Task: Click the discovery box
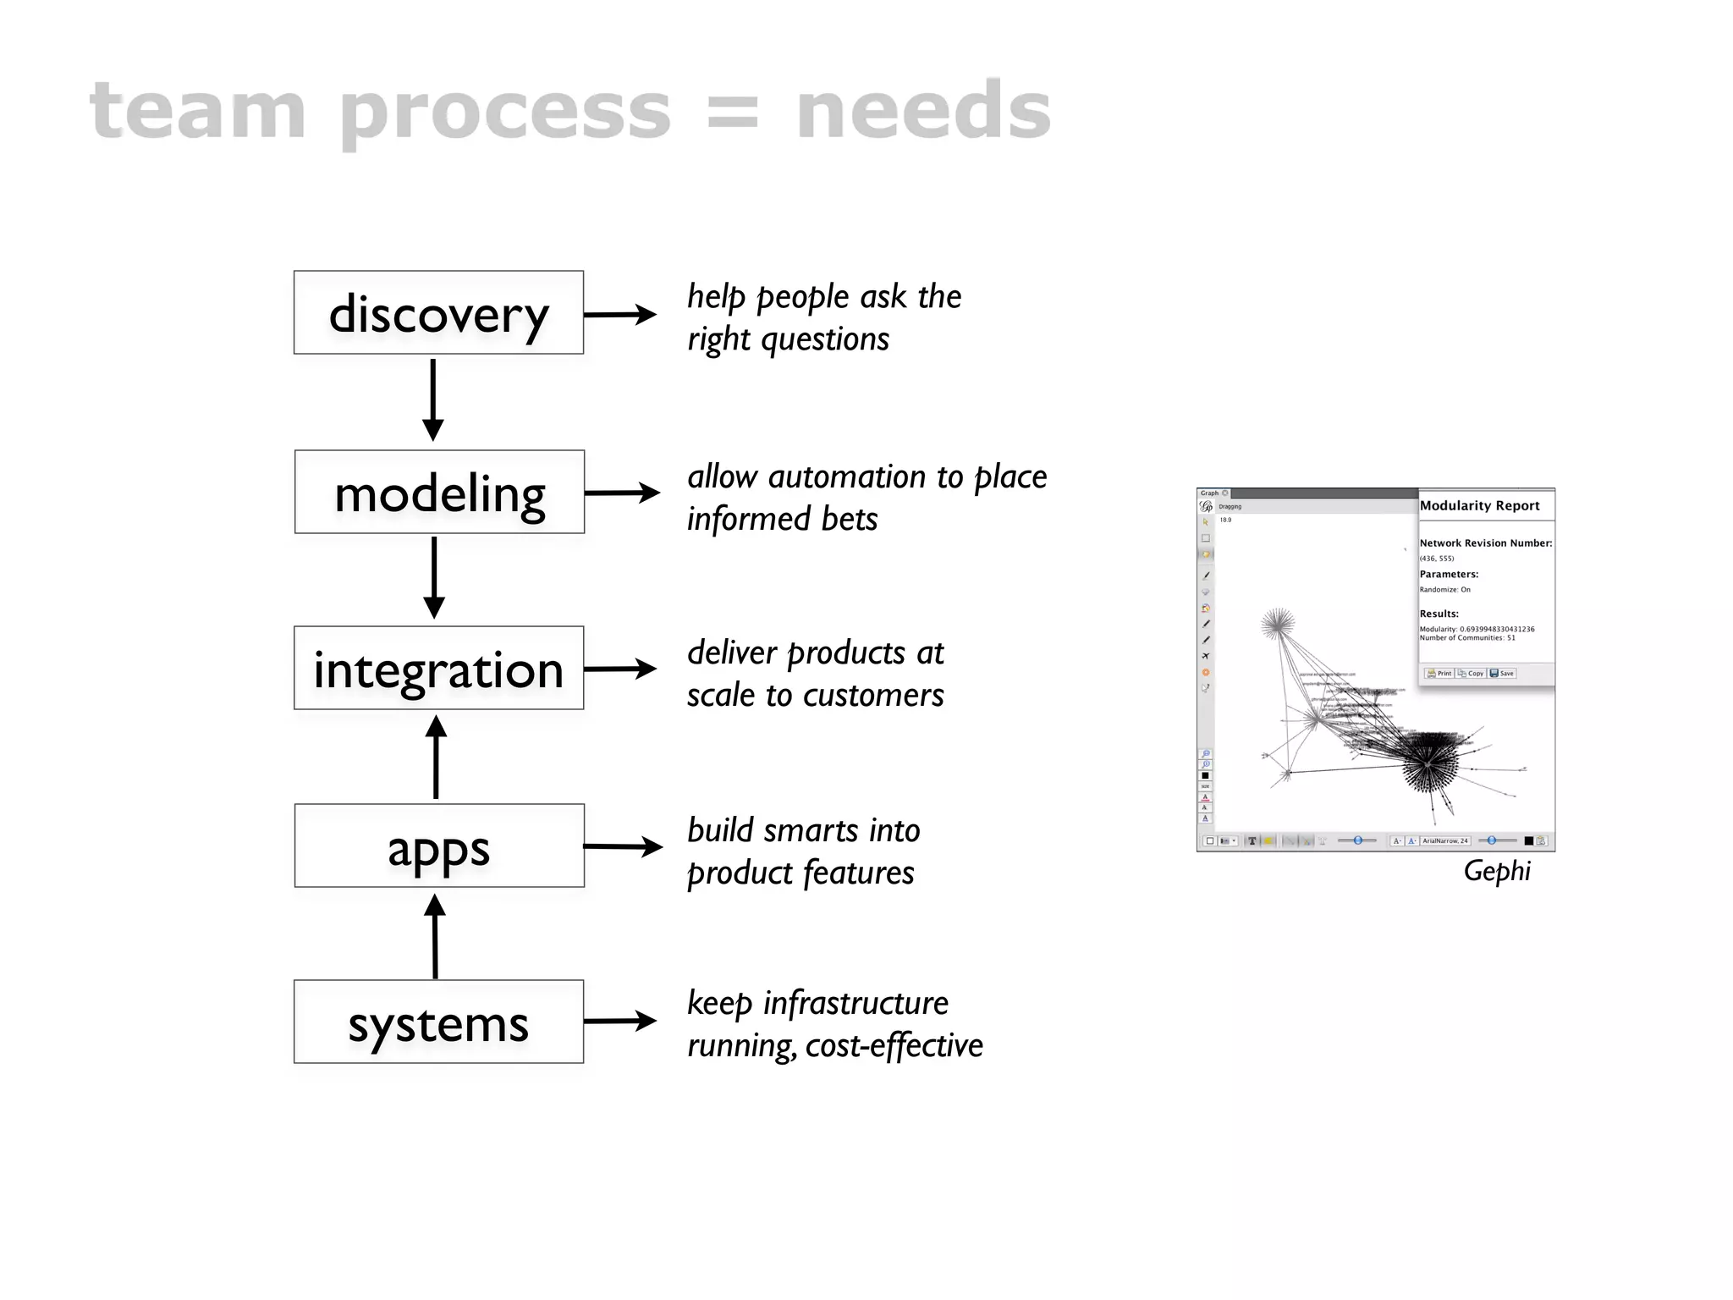pyautogui.click(x=438, y=312)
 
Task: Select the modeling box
pyautogui.click(x=439, y=492)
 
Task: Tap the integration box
pyautogui.click(x=438, y=668)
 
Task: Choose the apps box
pyautogui.click(x=439, y=846)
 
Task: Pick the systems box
pyautogui.click(x=438, y=1022)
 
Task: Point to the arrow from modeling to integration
pyautogui.click(x=434, y=577)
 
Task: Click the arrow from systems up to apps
pyautogui.click(x=435, y=936)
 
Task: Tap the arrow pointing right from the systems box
pyautogui.click(x=620, y=1021)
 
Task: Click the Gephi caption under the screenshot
pyautogui.click(x=1496, y=871)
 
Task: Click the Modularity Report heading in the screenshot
pyautogui.click(x=1479, y=505)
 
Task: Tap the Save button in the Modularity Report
pyautogui.click(x=1503, y=674)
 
